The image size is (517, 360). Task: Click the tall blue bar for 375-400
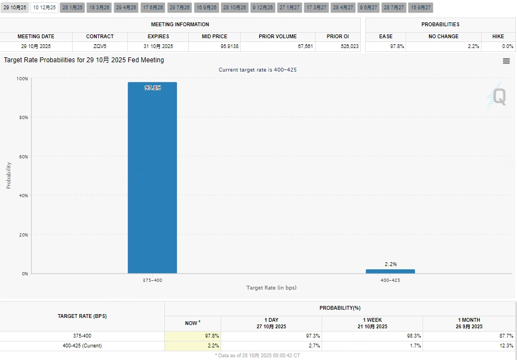(x=152, y=178)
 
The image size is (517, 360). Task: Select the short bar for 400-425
(x=390, y=271)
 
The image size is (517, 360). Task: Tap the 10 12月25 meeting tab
(x=44, y=8)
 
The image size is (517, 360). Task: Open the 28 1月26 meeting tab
(x=73, y=8)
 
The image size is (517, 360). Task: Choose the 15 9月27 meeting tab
(x=420, y=8)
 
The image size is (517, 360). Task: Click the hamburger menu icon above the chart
(x=506, y=61)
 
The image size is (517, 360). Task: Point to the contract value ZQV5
(x=100, y=46)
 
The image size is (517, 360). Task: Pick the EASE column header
(x=385, y=37)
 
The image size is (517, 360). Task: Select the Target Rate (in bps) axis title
(x=271, y=287)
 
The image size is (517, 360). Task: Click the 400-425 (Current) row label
(x=82, y=346)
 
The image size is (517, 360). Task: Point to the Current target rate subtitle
(x=258, y=70)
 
